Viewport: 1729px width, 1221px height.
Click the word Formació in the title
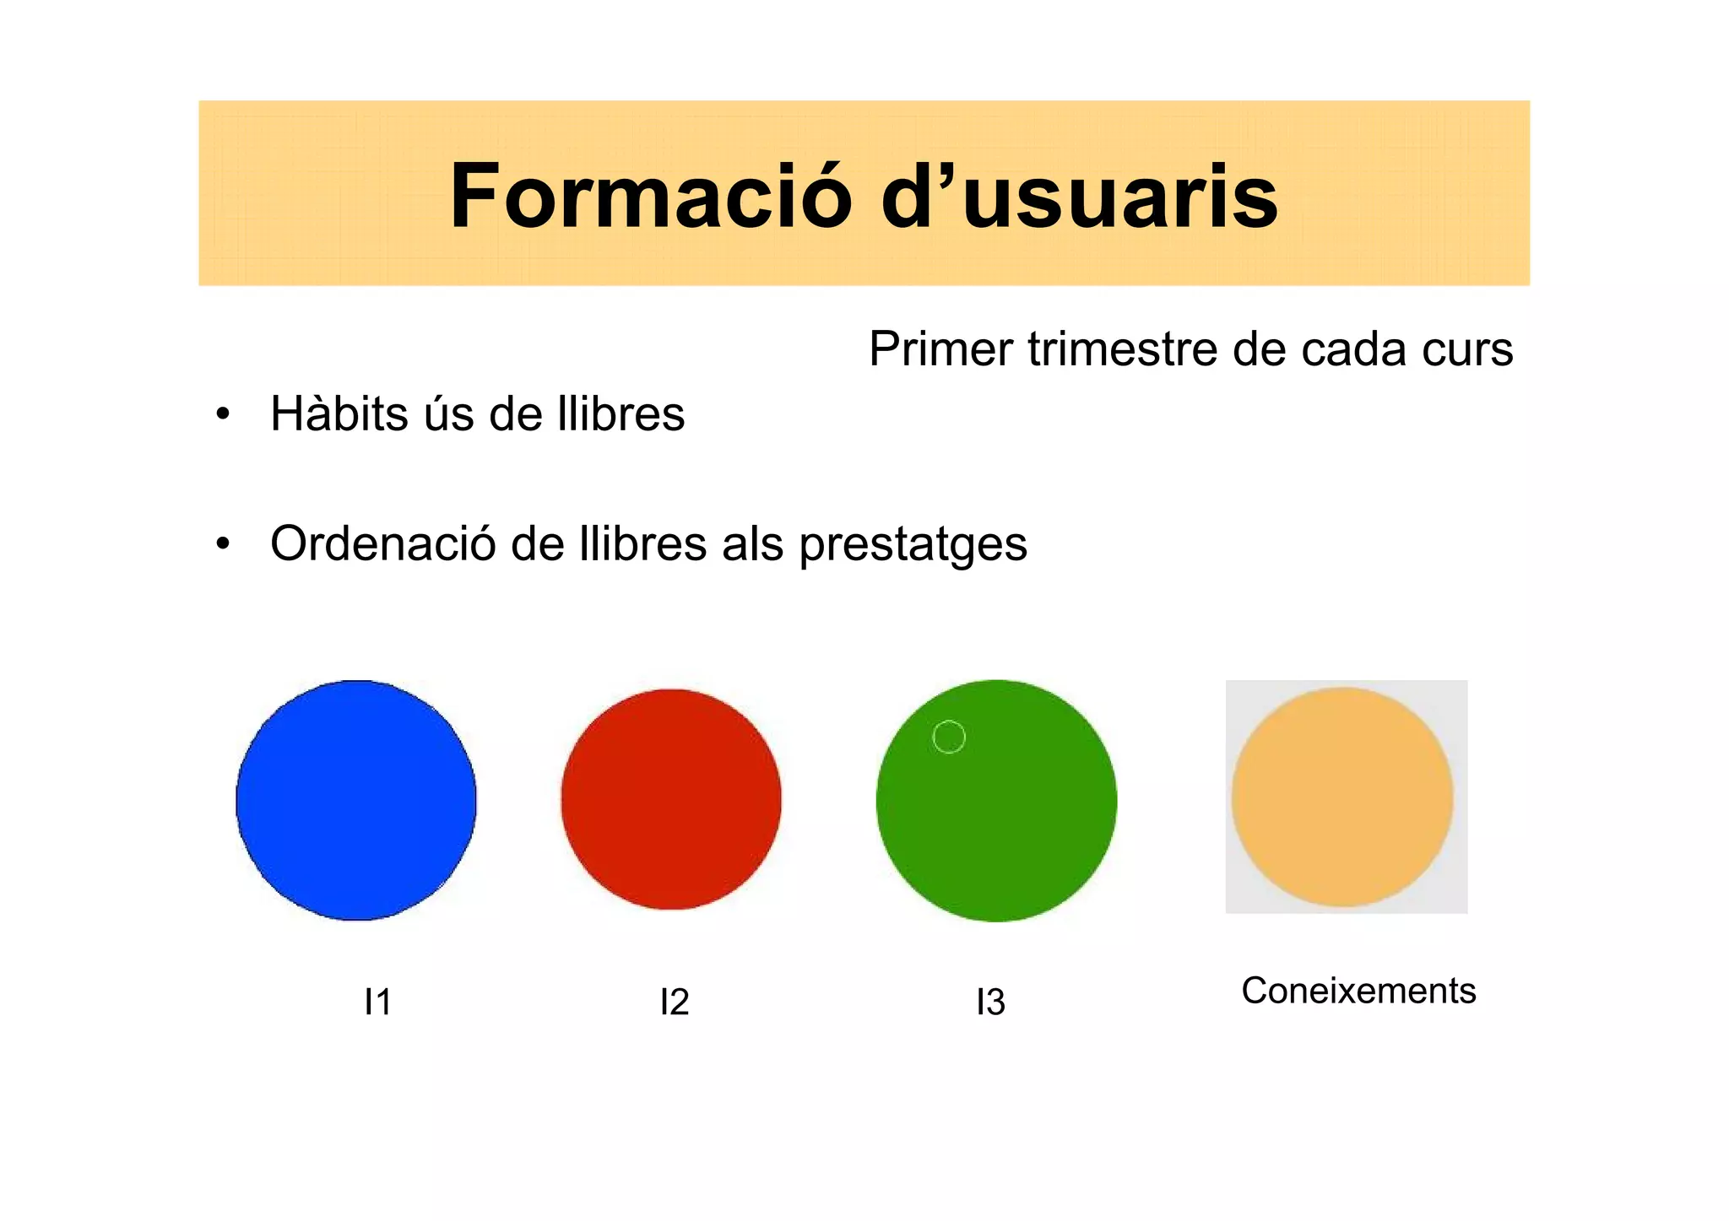(651, 197)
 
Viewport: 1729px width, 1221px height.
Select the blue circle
(356, 800)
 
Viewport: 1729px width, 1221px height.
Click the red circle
(671, 799)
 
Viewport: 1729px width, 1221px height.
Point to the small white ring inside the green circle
(949, 737)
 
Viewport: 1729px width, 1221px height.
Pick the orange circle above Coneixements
(1342, 797)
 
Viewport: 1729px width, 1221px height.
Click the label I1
(377, 1002)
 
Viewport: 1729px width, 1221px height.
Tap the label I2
(675, 1002)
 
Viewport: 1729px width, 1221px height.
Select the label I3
(990, 1002)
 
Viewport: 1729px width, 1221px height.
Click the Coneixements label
(1358, 991)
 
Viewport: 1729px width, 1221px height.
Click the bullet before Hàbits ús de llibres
(223, 414)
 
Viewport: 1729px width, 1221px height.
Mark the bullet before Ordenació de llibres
(223, 544)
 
